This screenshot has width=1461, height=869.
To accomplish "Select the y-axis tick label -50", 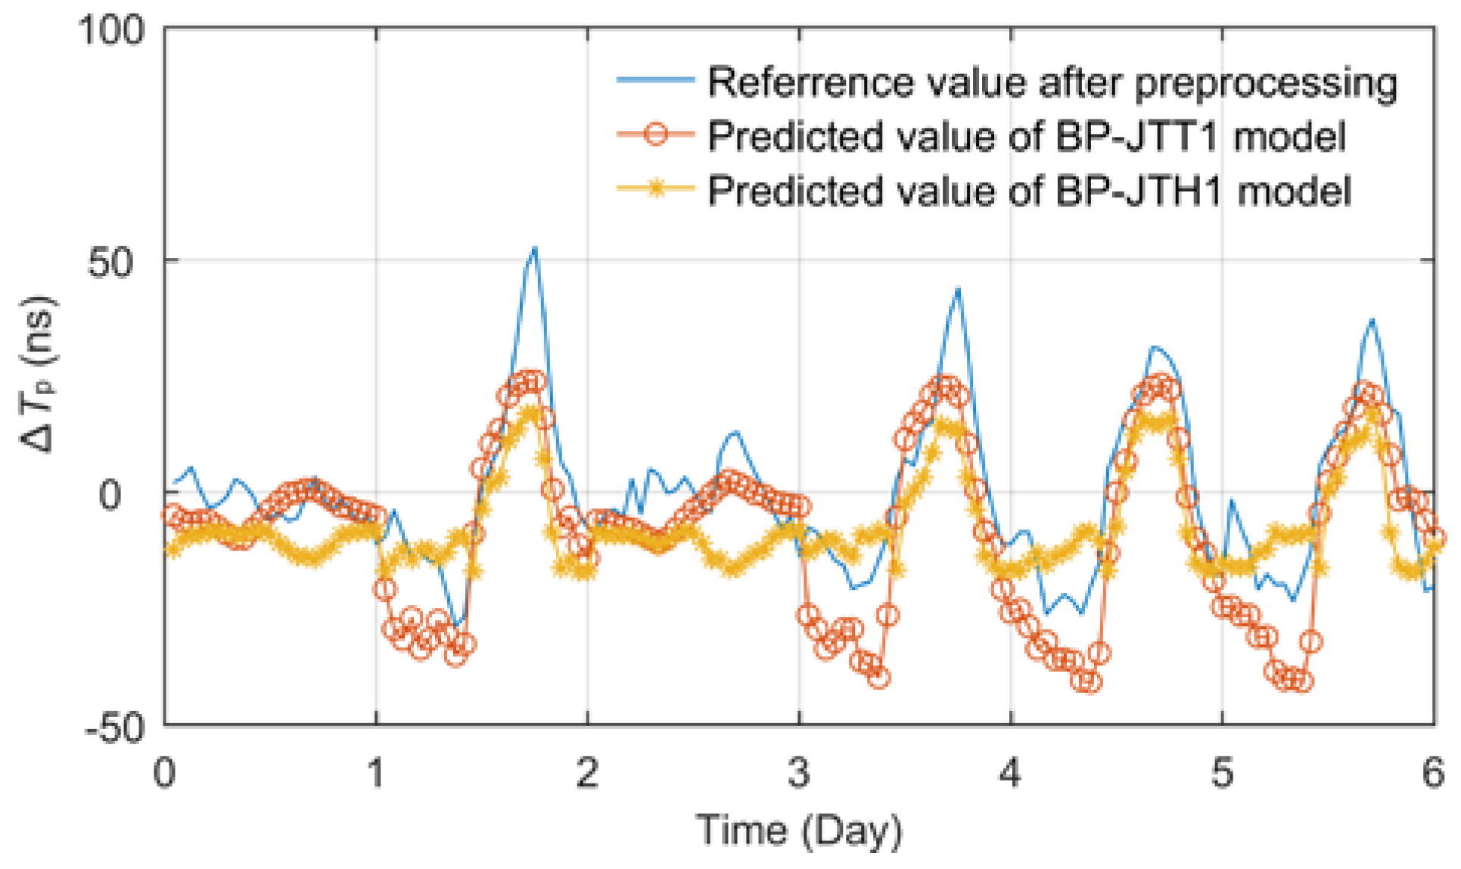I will pyautogui.click(x=114, y=728).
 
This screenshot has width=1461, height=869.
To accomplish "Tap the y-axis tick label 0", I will pyautogui.click(x=110, y=495).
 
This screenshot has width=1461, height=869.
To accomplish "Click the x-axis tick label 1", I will pyautogui.click(x=376, y=772).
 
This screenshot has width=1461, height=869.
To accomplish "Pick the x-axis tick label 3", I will pyautogui.click(x=799, y=772).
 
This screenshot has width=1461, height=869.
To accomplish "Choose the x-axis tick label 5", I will pyautogui.click(x=1222, y=772).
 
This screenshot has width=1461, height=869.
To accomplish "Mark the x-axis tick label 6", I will pyautogui.click(x=1432, y=772).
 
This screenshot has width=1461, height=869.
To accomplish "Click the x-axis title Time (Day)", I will pyautogui.click(x=799, y=831).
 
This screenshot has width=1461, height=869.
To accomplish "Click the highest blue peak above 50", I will pyautogui.click(x=534, y=248).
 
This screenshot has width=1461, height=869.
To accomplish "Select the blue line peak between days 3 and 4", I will pyautogui.click(x=958, y=290).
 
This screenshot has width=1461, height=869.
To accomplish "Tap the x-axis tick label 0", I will pyautogui.click(x=164, y=772).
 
